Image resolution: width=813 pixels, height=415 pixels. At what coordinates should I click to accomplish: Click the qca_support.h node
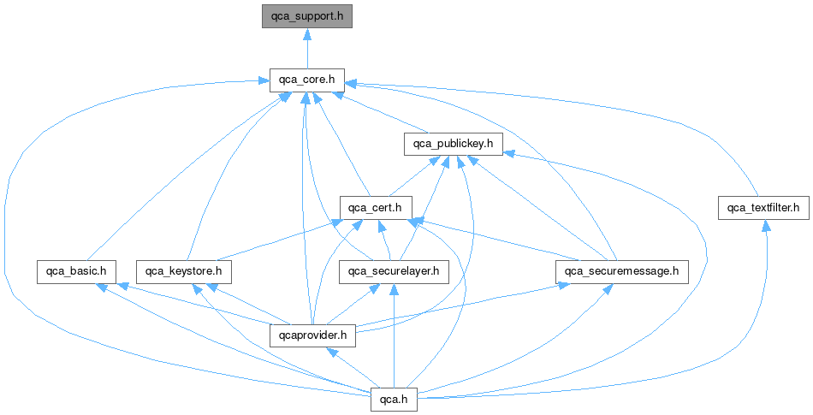pos(307,16)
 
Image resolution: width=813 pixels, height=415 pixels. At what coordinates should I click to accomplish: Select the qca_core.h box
pos(307,80)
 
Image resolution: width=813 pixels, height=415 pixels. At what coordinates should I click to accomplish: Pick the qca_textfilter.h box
pos(763,207)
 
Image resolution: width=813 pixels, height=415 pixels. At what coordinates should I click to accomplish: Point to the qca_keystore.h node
pos(184,271)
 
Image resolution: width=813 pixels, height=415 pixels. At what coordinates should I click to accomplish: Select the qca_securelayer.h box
pos(394,271)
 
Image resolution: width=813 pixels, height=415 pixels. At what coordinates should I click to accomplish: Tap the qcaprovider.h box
pos(312,335)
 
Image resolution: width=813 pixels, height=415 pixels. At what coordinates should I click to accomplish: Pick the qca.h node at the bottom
pos(394,399)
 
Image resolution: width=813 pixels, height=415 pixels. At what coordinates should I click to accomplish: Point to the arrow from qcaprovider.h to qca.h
pos(354,367)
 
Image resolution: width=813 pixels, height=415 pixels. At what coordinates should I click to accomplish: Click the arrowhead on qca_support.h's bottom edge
pos(307,33)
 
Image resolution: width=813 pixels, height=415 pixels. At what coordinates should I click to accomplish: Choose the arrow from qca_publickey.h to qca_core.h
pos(385,112)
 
